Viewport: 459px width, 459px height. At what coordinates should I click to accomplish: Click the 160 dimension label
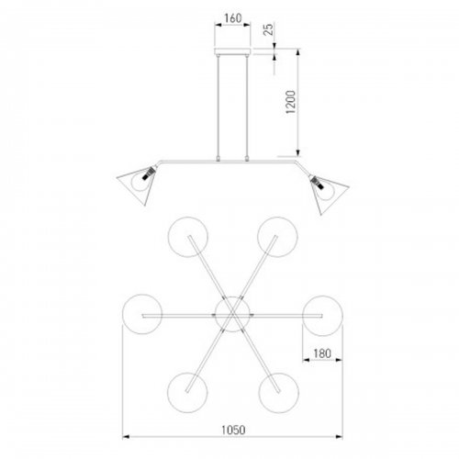click(233, 18)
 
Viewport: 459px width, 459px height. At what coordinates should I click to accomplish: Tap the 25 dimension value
click(268, 29)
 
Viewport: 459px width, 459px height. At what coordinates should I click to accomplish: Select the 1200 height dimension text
click(291, 102)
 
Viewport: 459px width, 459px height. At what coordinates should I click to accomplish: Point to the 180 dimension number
click(322, 353)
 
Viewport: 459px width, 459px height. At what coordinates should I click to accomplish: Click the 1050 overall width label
click(233, 430)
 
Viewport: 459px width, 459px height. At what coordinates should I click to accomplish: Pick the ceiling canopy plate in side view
click(232, 50)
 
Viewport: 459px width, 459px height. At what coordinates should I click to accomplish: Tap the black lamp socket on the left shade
click(149, 174)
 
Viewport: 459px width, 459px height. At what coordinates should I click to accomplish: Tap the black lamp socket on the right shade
click(317, 183)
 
